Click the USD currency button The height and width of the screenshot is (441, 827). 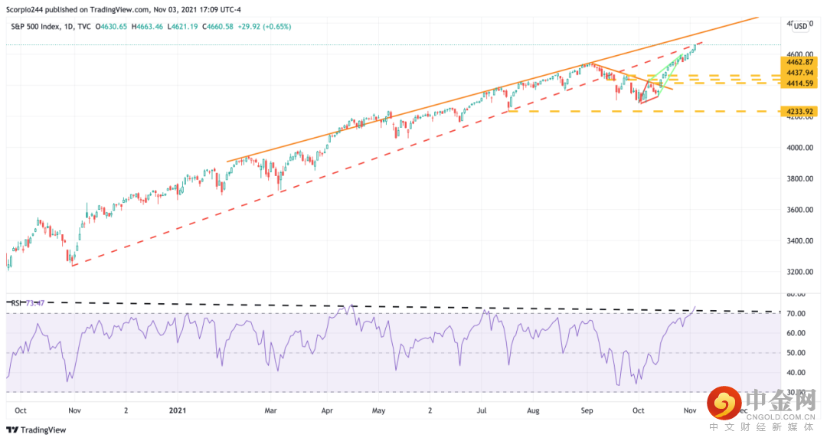click(800, 26)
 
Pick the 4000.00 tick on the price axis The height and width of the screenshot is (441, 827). click(798, 148)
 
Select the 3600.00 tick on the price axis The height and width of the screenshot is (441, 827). click(798, 210)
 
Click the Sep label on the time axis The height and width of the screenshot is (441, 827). click(586, 410)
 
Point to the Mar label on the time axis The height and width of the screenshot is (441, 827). click(270, 410)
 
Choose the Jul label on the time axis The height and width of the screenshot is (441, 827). click(482, 410)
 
